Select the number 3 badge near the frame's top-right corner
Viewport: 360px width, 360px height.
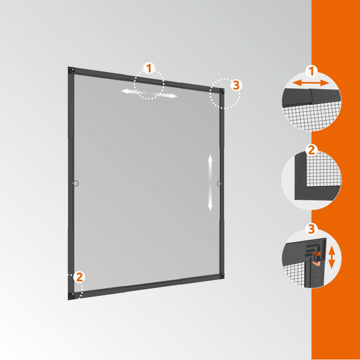(x=236, y=85)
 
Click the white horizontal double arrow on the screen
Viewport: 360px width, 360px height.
(x=149, y=94)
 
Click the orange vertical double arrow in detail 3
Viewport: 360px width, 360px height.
(x=331, y=257)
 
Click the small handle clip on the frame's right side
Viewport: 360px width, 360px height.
(x=219, y=183)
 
